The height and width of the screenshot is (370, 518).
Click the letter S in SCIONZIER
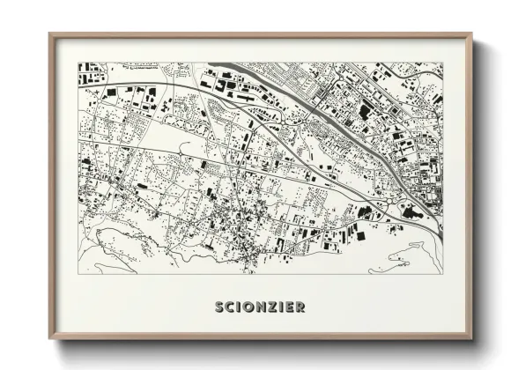click(x=218, y=307)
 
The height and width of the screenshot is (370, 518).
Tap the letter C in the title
click(x=229, y=307)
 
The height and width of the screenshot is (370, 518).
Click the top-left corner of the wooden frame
click(x=49, y=34)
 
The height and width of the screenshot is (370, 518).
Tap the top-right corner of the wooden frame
click(x=471, y=34)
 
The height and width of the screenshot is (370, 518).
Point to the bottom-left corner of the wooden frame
click(x=49, y=339)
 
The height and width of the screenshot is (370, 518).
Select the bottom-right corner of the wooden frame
click(x=471, y=339)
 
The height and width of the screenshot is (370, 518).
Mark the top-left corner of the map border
click(x=78, y=63)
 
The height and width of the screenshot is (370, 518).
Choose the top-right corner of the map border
click(x=442, y=63)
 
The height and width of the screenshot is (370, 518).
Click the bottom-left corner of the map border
click(x=78, y=273)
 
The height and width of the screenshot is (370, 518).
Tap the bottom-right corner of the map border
click(x=442, y=273)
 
